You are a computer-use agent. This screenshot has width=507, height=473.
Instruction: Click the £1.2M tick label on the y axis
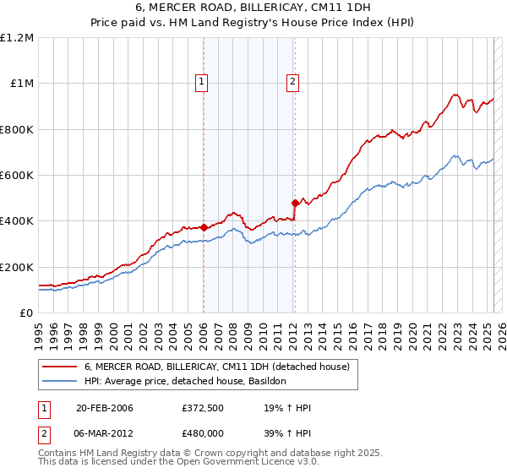(17, 38)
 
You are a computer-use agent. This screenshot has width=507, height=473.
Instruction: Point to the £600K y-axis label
(17, 176)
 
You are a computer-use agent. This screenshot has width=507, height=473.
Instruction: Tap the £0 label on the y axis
(27, 313)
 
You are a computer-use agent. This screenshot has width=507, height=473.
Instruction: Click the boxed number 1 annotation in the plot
(203, 82)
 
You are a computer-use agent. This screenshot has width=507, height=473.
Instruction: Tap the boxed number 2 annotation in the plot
(292, 82)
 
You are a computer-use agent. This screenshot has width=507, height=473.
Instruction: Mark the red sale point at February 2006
(204, 227)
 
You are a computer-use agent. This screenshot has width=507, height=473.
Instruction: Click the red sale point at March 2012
(295, 203)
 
